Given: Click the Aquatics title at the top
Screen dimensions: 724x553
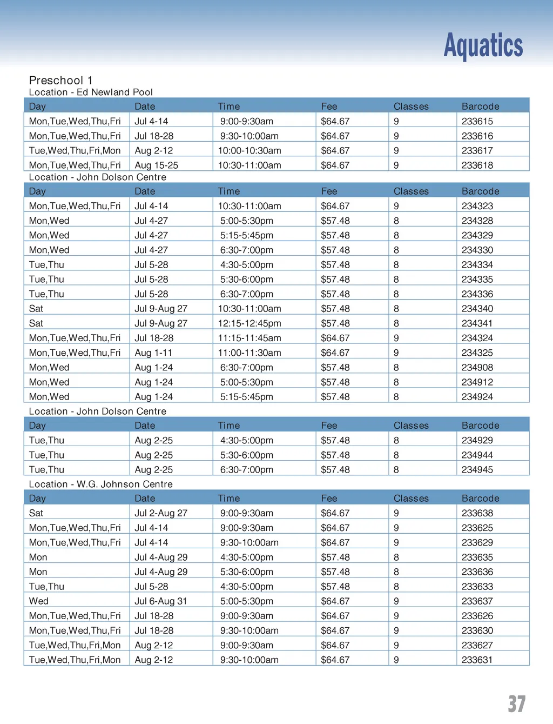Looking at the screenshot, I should tap(483, 45).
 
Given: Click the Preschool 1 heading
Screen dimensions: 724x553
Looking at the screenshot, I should tap(60, 80).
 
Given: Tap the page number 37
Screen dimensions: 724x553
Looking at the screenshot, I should tap(516, 703).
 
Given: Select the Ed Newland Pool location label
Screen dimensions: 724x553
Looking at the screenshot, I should tap(91, 92).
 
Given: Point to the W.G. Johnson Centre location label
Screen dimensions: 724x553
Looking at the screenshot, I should tap(100, 484).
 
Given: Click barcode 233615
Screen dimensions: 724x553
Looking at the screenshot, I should tap(477, 121).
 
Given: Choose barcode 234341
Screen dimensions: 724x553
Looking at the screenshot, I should tap(477, 323).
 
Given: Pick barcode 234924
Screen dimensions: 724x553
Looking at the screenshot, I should tap(477, 396).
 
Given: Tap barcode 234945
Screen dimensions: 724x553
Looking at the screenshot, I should tap(477, 469).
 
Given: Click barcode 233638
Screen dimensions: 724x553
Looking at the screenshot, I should tap(477, 513).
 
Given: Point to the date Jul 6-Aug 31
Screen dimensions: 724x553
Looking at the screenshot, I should tap(161, 601).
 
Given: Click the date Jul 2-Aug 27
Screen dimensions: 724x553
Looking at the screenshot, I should tap(161, 513).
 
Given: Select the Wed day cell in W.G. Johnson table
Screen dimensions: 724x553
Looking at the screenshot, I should tap(39, 601).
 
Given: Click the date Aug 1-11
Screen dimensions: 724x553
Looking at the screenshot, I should tap(153, 353).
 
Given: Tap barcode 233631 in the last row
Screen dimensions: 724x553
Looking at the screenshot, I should tap(477, 660).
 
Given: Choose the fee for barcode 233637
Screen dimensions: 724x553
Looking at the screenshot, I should tap(335, 601).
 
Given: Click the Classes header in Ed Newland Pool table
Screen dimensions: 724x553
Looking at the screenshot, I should tap(411, 107).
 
